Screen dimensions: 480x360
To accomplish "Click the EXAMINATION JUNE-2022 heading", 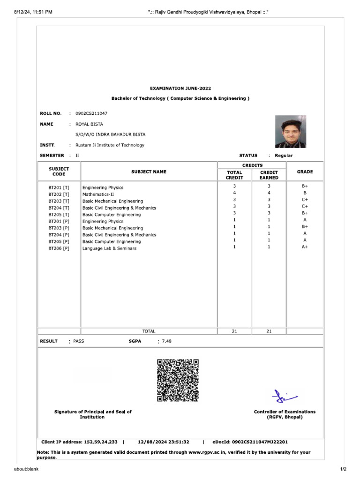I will pyautogui.click(x=180, y=88).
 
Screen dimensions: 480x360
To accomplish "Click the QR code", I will pyautogui.click(x=178, y=380).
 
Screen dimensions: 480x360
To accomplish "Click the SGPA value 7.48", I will pyautogui.click(x=166, y=341).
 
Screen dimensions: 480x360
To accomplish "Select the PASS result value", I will pyautogui.click(x=79, y=341).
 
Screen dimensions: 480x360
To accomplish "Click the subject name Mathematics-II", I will pyautogui.click(x=98, y=194).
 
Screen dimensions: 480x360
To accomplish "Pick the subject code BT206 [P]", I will pyautogui.click(x=59, y=248).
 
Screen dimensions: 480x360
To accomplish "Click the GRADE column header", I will pyautogui.click(x=305, y=172).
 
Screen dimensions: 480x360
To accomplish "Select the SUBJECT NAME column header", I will pyautogui.click(x=149, y=172).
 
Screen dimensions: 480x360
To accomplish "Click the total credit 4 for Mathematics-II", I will pyautogui.click(x=234, y=193).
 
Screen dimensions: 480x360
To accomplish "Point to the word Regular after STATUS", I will pyautogui.click(x=284, y=156).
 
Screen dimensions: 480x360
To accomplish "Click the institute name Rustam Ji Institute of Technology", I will pyautogui.click(x=110, y=145).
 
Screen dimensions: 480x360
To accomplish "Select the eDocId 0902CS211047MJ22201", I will pyautogui.click(x=260, y=442).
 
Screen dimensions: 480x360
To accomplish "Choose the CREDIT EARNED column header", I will pyautogui.click(x=269, y=175).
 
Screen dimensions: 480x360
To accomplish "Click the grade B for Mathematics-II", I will pyautogui.click(x=305, y=193).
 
